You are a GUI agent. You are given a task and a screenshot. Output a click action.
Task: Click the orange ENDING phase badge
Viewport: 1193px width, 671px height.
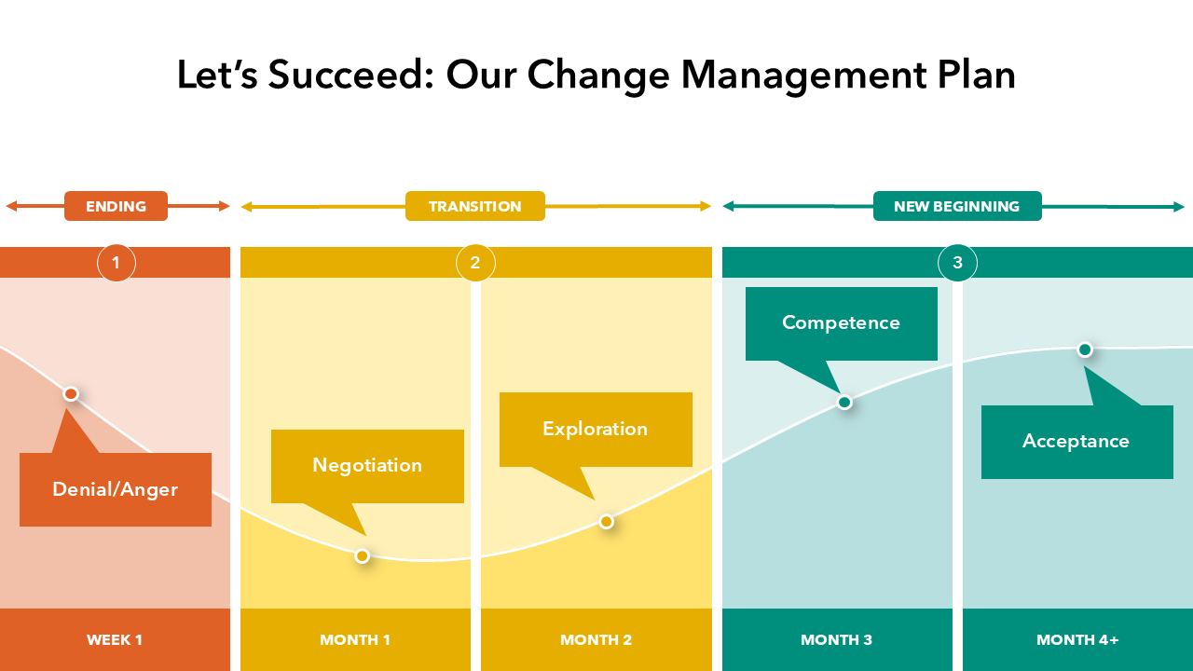[116, 206]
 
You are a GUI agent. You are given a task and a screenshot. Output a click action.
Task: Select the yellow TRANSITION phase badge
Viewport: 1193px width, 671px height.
[475, 206]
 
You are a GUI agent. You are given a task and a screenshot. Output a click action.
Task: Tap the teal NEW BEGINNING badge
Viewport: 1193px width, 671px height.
[957, 206]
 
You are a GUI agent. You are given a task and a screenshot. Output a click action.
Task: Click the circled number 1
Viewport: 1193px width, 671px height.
[117, 263]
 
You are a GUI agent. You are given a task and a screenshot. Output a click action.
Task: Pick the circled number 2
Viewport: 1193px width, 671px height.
[475, 263]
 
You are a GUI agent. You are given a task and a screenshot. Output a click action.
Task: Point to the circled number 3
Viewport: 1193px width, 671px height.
[957, 263]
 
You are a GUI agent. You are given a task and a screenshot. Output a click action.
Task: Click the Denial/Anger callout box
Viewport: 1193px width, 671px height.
[116, 489]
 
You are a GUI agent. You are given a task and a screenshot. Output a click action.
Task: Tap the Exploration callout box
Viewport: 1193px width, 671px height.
[596, 430]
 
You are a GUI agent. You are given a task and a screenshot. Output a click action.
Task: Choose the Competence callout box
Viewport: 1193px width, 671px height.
[842, 323]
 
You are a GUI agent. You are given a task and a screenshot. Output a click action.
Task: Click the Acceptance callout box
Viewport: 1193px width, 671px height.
[1076, 442]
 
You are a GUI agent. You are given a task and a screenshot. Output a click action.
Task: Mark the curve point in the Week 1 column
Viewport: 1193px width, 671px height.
[71, 394]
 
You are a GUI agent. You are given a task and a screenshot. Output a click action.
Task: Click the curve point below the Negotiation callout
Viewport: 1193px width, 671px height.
[363, 556]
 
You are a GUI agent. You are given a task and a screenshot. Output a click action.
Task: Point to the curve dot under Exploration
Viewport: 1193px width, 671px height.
[606, 522]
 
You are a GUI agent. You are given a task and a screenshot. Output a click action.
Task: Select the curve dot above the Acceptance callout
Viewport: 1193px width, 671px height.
[1085, 349]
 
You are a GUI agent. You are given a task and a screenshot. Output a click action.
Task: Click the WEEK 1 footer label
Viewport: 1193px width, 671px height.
[115, 639]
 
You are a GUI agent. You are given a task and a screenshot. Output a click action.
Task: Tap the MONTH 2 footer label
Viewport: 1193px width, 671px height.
[596, 639]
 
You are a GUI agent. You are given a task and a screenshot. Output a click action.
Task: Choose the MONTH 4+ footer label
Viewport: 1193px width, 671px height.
[1077, 639]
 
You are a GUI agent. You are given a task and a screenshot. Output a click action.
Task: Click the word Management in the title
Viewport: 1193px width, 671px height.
[804, 75]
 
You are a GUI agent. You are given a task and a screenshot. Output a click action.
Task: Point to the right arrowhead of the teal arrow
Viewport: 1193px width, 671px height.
[1179, 207]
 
